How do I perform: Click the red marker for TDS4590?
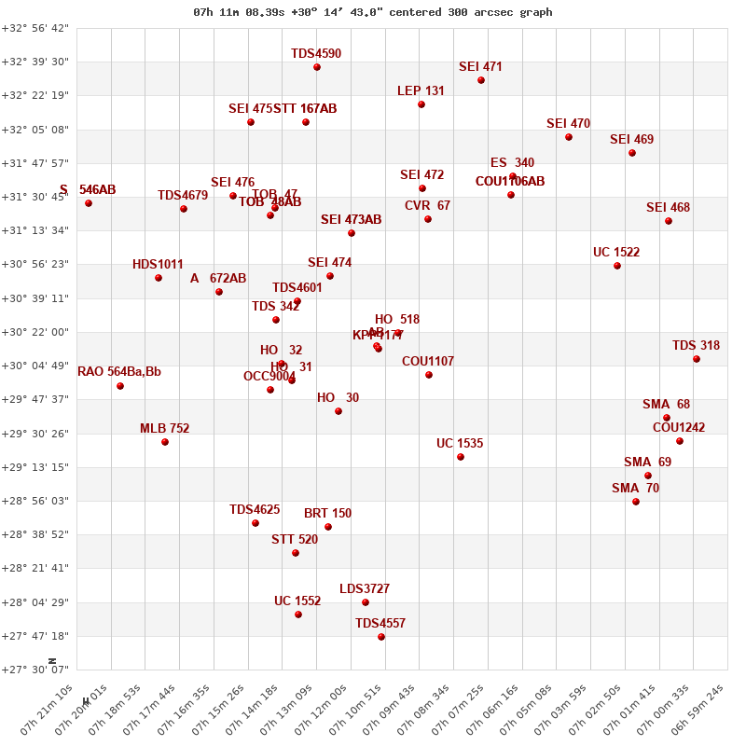point(317,67)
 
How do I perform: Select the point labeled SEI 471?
point(481,80)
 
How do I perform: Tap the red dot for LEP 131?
point(421,104)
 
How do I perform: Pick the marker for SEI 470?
point(569,137)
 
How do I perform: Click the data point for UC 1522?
point(617,266)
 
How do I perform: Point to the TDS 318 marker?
point(697,359)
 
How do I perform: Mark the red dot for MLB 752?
point(165,442)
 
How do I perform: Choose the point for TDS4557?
point(381,637)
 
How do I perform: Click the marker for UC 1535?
point(461,457)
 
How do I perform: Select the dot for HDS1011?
point(159,278)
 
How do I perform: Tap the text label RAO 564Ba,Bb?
point(119,372)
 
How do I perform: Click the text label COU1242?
point(679,428)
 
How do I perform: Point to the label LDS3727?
point(365,589)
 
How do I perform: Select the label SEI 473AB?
point(352,220)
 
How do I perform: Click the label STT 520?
point(295,540)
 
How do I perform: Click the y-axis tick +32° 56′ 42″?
point(35,28)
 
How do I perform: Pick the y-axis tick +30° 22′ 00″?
point(35,332)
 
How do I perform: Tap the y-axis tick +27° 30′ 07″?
point(35,670)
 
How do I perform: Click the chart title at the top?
point(373,12)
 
